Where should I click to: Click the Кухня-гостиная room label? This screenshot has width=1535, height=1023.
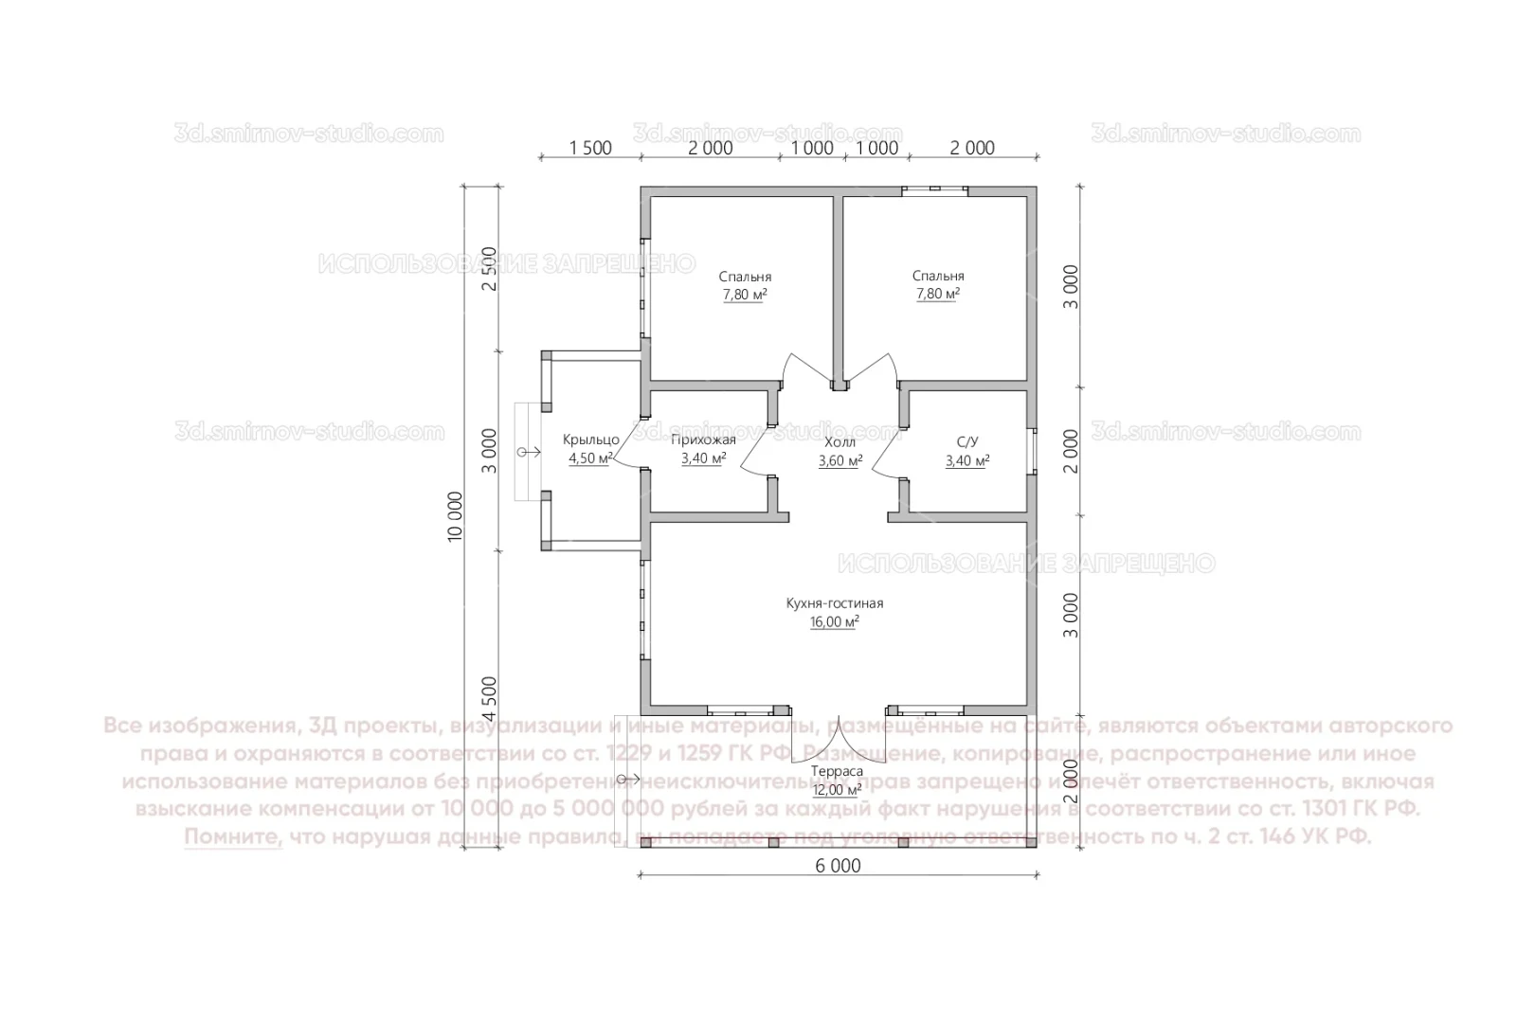pos(834,603)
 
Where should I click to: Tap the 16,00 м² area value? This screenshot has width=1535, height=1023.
pos(834,622)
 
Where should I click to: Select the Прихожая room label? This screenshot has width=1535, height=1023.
pos(703,440)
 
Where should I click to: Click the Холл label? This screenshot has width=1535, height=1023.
pos(840,442)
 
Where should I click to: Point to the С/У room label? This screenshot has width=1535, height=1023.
pos(966,441)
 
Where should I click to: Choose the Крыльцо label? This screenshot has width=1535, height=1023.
pos(590,440)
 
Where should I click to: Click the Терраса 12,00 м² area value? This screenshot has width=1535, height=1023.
pos(836,790)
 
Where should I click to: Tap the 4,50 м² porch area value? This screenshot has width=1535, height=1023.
pos(590,458)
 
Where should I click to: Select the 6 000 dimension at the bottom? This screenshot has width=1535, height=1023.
pos(838,866)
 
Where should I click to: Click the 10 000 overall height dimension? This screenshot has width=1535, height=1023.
pos(456,515)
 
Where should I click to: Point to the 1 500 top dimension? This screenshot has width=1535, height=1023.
pos(589,148)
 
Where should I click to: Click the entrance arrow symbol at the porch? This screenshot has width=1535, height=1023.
pos(527,454)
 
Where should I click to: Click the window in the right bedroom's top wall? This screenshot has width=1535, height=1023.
pos(934,190)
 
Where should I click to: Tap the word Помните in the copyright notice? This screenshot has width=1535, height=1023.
pos(233,837)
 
